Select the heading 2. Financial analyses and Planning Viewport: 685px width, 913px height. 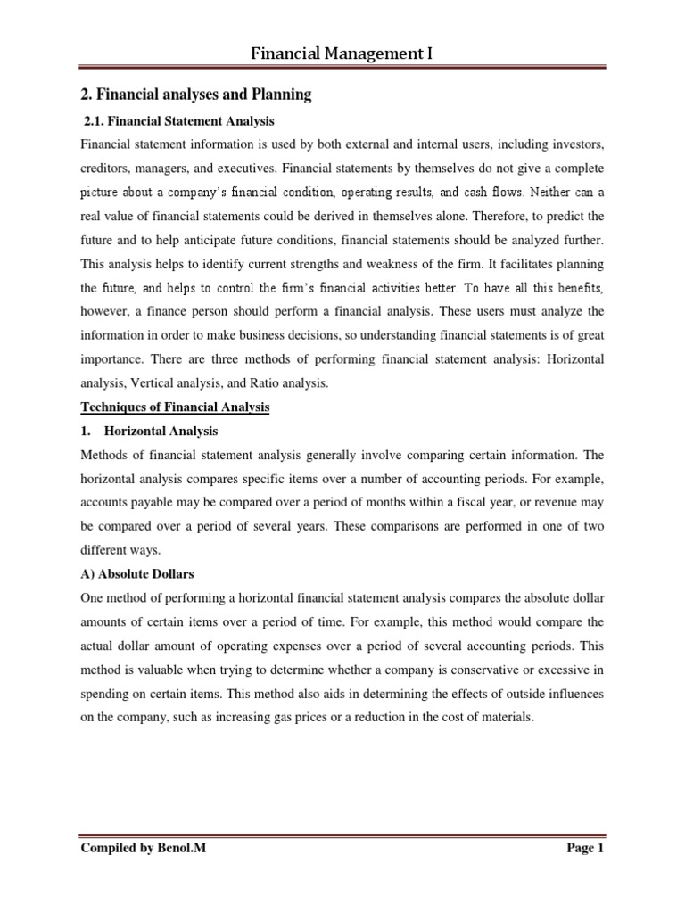coord(196,95)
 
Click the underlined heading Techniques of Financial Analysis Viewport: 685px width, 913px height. coord(176,407)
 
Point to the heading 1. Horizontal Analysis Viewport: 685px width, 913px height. coord(149,431)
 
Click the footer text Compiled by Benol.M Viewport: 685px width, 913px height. coord(142,849)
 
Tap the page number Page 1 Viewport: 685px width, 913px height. coord(585,849)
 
